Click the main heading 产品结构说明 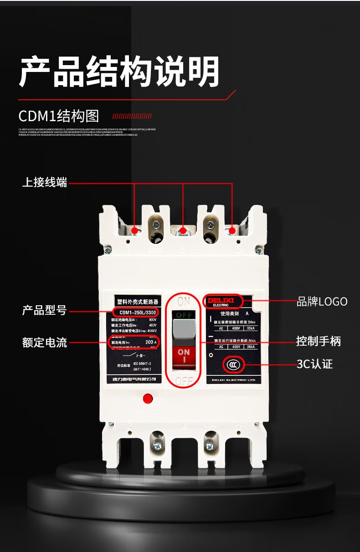(119, 72)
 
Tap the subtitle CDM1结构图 (58, 116)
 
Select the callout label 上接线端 (45, 183)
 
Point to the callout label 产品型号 (45, 311)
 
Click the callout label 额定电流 (45, 342)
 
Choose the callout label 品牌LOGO (322, 302)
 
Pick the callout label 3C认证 (314, 364)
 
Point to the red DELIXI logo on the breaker (221, 301)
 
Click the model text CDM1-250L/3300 (136, 312)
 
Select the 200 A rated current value (151, 342)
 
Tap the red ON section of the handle (184, 355)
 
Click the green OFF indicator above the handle (184, 315)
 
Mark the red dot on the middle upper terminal (183, 231)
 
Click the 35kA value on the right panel (250, 328)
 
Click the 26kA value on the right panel (250, 347)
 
